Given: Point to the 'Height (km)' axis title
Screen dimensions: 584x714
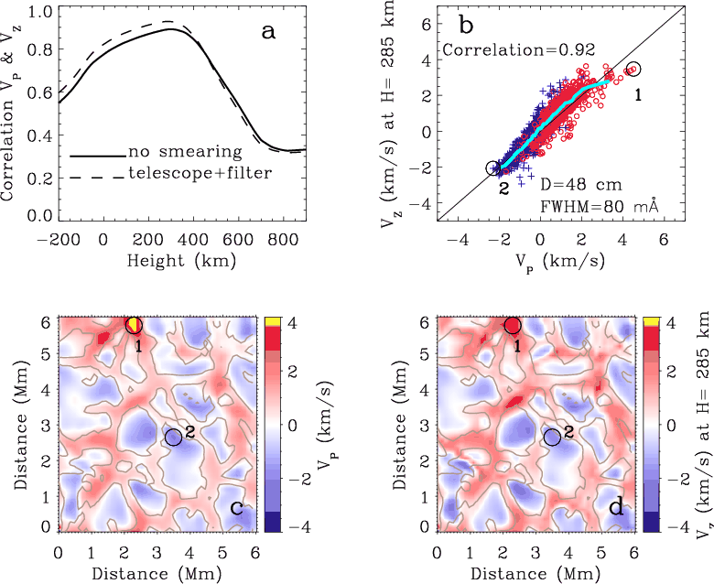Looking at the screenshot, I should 181,261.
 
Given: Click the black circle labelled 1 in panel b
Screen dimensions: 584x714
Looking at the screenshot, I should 634,69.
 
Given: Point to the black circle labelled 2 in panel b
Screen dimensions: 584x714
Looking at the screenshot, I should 494,168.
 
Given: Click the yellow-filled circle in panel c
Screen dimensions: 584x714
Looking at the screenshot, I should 134,325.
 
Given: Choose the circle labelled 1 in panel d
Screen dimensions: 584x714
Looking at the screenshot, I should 513,325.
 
